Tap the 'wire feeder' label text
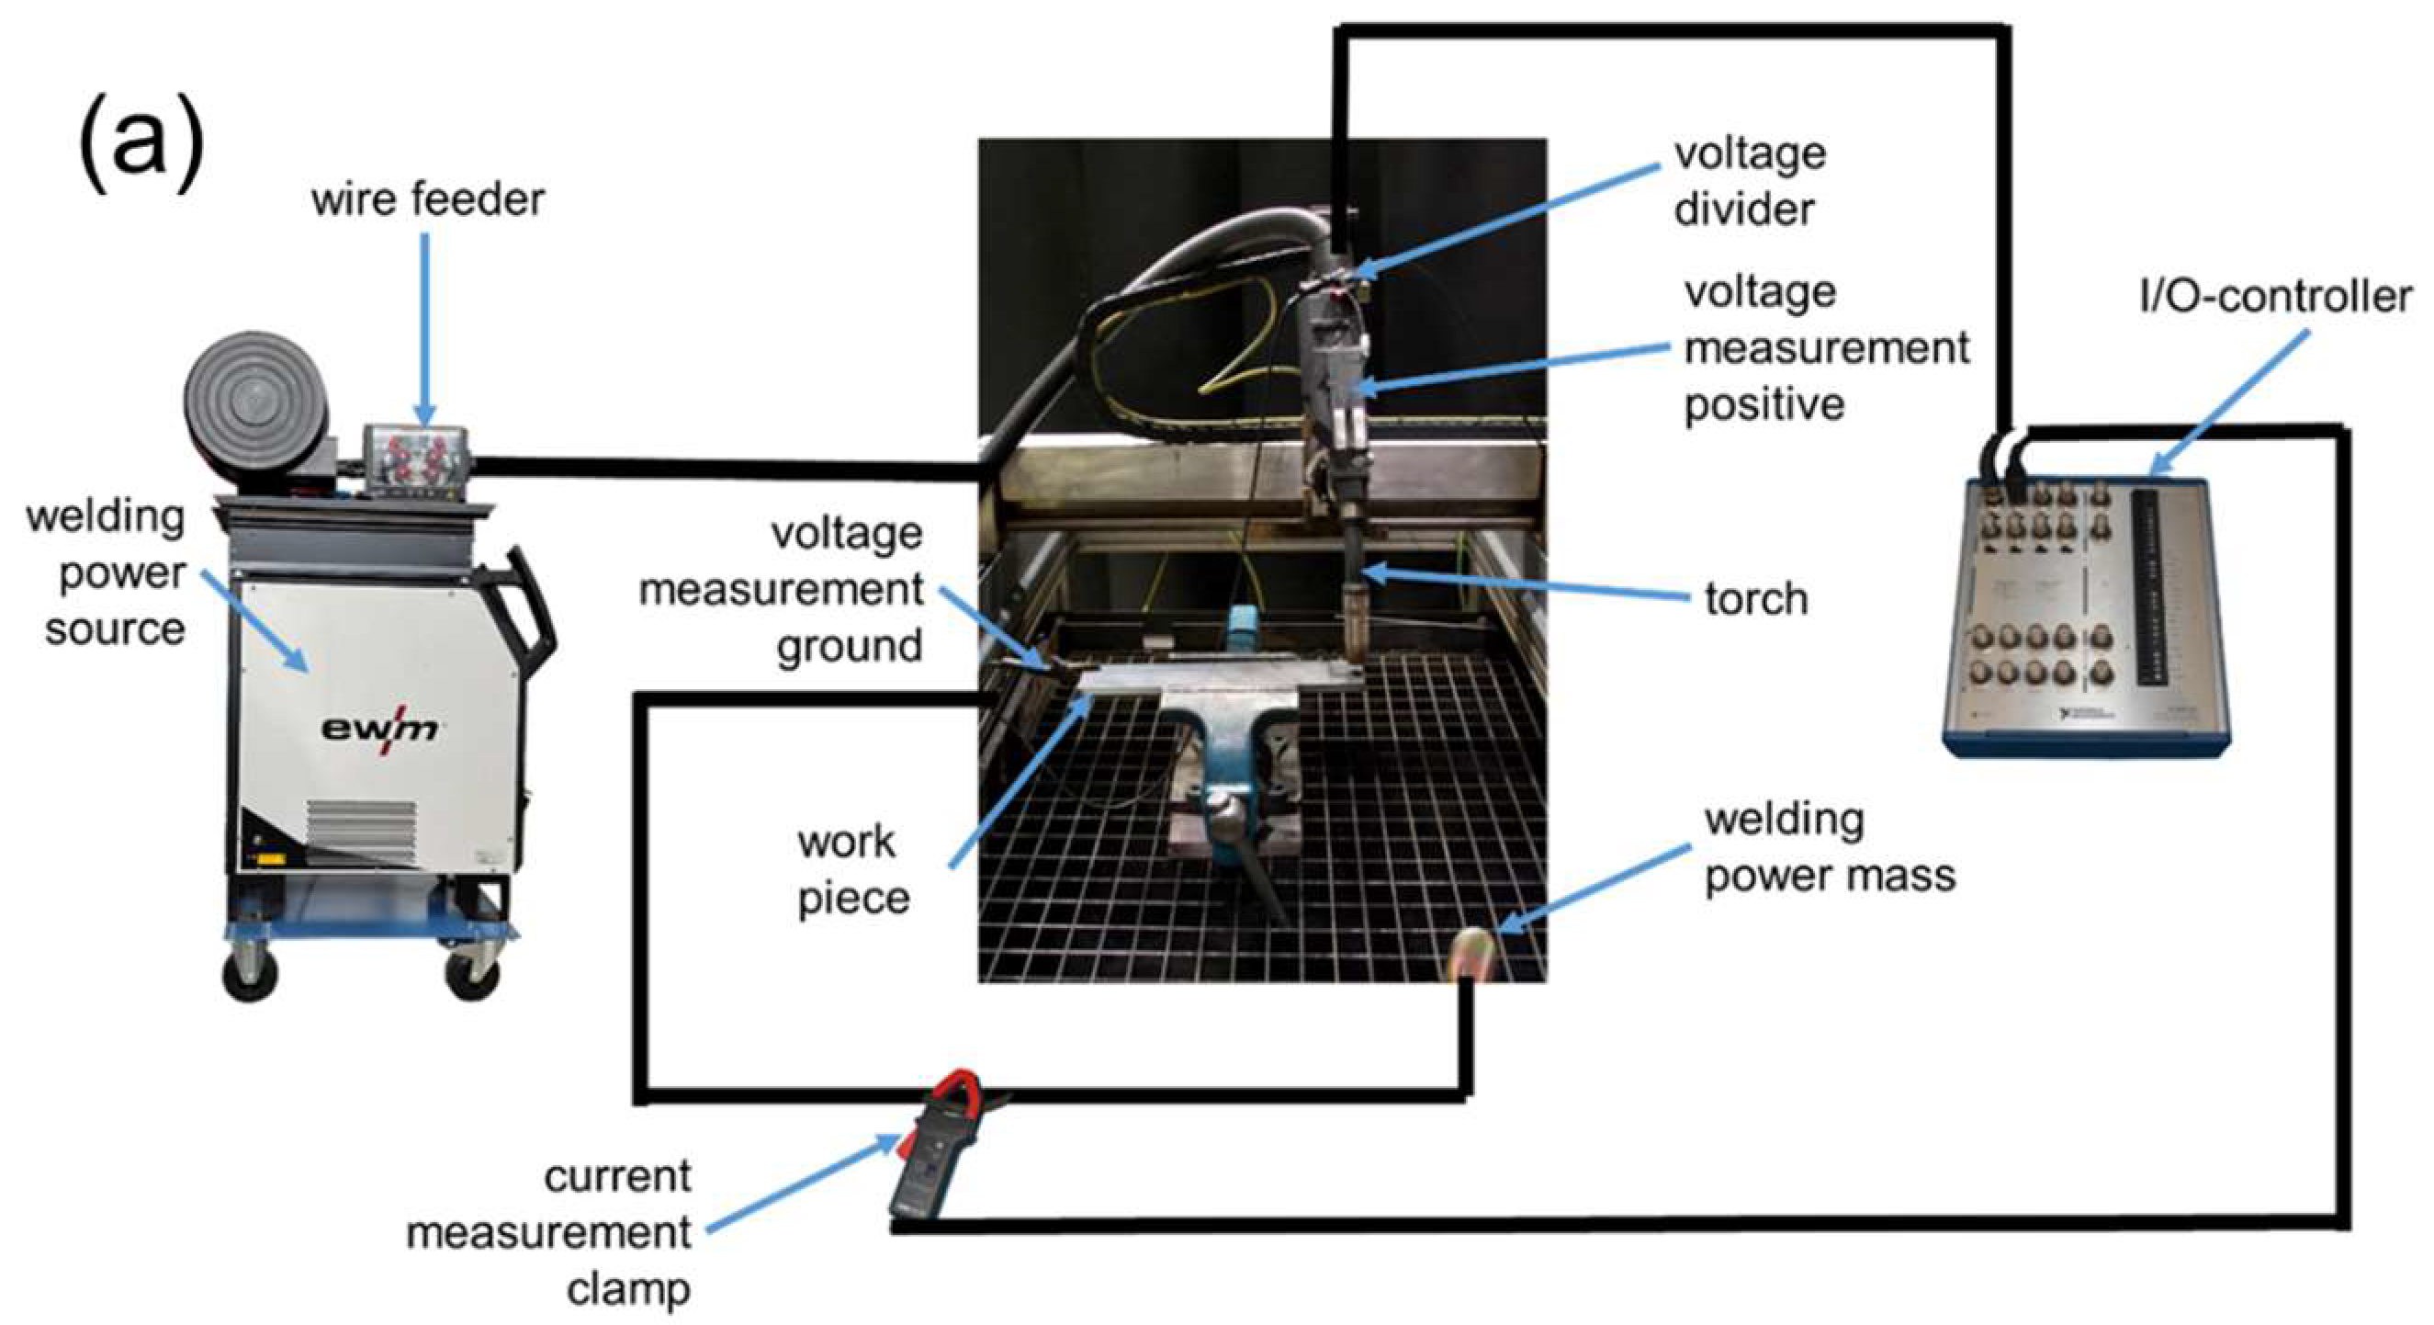[x=428, y=200]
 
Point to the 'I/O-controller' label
[x=2274, y=298]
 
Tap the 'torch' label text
[x=1755, y=599]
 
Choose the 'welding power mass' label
[x=1829, y=848]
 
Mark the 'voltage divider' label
[x=1749, y=181]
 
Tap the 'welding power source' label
[x=108, y=572]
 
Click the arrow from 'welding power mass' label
[x=1591, y=887]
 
